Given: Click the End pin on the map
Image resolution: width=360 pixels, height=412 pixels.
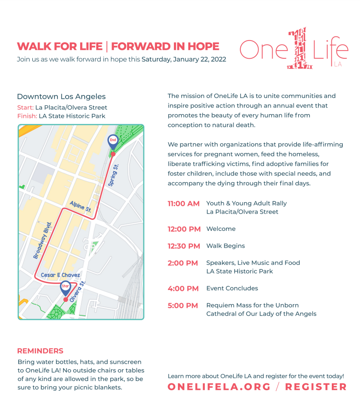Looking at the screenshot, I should pyautogui.click(x=112, y=141).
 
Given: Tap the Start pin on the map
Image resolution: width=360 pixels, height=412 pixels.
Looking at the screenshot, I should pyautogui.click(x=66, y=287).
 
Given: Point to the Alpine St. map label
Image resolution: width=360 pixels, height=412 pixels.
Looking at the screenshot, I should pyautogui.click(x=81, y=207).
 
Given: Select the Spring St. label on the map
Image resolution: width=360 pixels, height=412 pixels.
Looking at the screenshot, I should pyautogui.click(x=114, y=175).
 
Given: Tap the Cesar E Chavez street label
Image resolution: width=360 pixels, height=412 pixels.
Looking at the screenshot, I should pyautogui.click(x=61, y=275).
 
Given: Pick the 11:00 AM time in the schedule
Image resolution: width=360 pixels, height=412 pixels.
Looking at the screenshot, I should pyautogui.click(x=183, y=203).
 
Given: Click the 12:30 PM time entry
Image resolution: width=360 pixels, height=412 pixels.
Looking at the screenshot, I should pyautogui.click(x=183, y=246).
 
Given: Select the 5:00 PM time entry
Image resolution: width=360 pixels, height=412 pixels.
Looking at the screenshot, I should pyautogui.click(x=183, y=305).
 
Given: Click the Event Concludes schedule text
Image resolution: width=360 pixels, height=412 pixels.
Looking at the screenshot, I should pyautogui.click(x=232, y=288).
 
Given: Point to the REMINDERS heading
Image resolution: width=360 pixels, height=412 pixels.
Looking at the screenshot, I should pyautogui.click(x=40, y=351).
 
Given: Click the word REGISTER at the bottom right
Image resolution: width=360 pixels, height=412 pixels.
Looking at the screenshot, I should pyautogui.click(x=316, y=387).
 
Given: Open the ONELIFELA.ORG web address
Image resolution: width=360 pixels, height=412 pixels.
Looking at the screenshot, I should pyautogui.click(x=219, y=387).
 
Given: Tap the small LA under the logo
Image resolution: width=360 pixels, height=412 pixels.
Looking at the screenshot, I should pyautogui.click(x=337, y=65).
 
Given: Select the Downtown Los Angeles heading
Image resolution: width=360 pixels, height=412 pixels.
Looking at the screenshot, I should pyautogui.click(x=61, y=97).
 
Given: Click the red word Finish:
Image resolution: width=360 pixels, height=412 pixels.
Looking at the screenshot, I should pyautogui.click(x=27, y=116).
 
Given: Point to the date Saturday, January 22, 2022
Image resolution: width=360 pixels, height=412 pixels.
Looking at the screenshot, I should pyautogui.click(x=184, y=59).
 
